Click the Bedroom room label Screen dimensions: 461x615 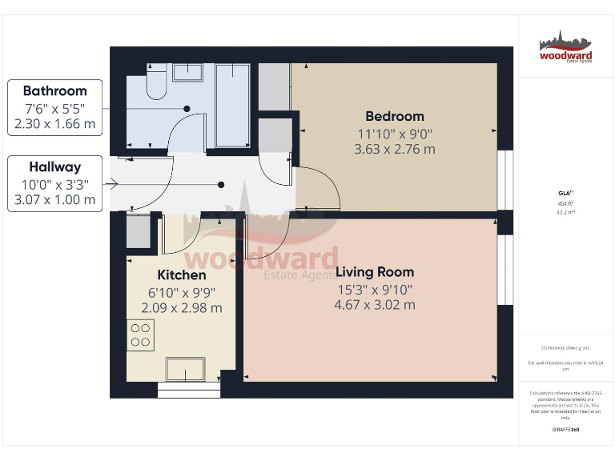click(395, 116)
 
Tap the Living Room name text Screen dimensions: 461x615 click(374, 272)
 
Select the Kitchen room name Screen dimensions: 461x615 click(181, 275)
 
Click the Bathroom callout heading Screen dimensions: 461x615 click(54, 90)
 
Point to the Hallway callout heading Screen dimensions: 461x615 click(54, 167)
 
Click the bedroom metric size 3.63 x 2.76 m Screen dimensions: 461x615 click(395, 149)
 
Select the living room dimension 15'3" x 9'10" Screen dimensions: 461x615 click(374, 289)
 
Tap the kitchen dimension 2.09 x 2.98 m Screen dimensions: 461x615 click(181, 307)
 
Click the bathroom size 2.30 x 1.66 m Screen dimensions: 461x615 click(54, 124)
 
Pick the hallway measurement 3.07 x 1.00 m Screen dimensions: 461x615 click(54, 200)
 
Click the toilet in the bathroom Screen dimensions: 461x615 click(157, 82)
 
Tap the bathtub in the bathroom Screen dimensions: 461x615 click(233, 106)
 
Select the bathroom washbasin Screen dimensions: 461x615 click(192, 74)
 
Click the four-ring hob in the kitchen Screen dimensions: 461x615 click(141, 335)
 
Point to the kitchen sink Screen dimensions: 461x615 click(185, 369)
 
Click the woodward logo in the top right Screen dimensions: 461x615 click(565, 47)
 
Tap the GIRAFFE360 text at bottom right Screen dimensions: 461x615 click(565, 430)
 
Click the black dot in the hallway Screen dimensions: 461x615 click(221, 185)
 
